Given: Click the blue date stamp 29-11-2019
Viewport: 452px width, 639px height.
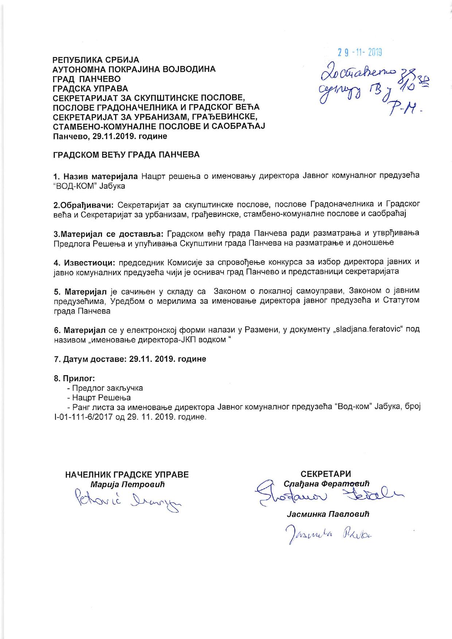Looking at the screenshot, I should (x=359, y=53).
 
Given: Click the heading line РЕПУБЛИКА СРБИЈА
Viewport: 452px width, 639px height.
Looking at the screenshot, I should (x=96, y=60).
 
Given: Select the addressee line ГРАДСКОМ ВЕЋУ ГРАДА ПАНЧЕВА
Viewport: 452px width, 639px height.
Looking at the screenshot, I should (x=126, y=155).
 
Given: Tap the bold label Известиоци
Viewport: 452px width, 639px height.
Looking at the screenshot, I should (x=90, y=262).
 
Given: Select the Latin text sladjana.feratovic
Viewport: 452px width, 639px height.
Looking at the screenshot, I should (x=368, y=329).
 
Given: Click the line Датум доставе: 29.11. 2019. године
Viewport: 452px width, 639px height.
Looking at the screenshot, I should (x=130, y=359).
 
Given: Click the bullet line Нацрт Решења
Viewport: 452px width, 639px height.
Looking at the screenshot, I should (x=101, y=398).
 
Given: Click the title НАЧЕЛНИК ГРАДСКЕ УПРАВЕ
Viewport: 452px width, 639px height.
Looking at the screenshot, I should (x=127, y=475).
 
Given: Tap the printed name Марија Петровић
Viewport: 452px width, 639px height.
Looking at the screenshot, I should (x=127, y=484).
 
